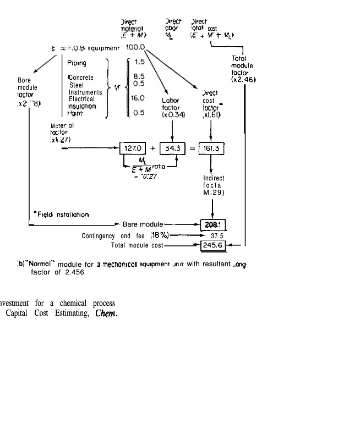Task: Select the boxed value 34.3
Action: (x=173, y=148)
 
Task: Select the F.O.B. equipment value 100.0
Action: (x=136, y=48)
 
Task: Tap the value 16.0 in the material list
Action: (x=138, y=98)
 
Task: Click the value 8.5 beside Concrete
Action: (x=139, y=78)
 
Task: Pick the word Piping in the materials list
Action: (x=78, y=63)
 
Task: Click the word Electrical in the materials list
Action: (x=81, y=99)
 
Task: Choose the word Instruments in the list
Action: (x=85, y=92)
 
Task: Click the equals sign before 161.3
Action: (x=193, y=148)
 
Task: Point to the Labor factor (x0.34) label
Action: (x=173, y=107)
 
